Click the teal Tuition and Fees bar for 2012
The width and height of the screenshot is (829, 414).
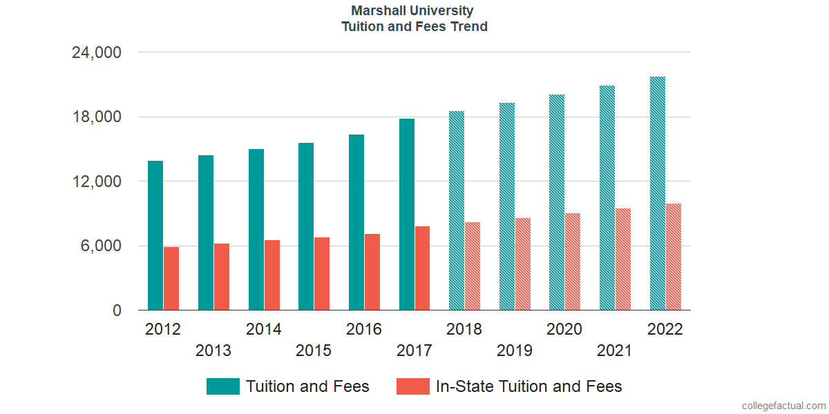[x=155, y=235]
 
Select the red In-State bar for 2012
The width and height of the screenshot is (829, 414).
[x=171, y=279]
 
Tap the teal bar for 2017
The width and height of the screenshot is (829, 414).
[x=407, y=215]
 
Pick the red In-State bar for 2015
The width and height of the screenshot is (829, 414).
[x=322, y=274]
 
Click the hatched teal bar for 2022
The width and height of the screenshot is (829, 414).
[x=658, y=193]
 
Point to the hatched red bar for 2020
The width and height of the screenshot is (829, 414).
[x=573, y=262]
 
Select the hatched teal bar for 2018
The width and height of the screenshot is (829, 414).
[x=457, y=210]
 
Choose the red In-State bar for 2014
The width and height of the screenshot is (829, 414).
[x=271, y=275]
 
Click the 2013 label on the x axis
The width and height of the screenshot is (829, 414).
[x=213, y=351]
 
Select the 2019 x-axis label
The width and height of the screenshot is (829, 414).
[x=515, y=351]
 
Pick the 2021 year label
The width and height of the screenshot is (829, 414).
[x=615, y=351]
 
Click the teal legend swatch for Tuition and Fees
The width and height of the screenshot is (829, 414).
[x=223, y=386]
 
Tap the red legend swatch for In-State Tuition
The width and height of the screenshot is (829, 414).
[x=413, y=386]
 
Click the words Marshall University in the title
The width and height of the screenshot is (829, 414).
[x=412, y=10]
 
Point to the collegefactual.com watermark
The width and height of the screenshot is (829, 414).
[x=783, y=406]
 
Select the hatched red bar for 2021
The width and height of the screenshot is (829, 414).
[x=623, y=259]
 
